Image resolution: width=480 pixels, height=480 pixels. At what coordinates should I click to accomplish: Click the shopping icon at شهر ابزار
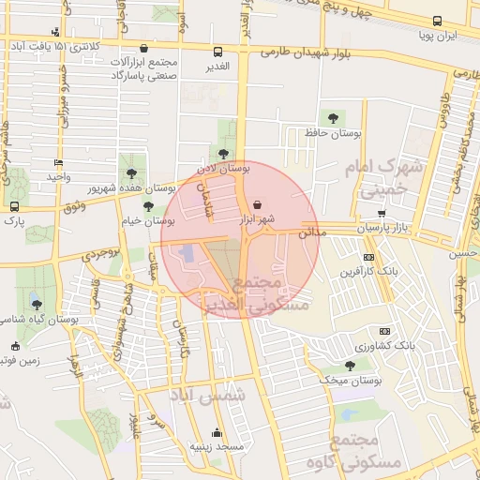coord(258,204)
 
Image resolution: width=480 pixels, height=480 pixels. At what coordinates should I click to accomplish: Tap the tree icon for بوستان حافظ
coord(333,118)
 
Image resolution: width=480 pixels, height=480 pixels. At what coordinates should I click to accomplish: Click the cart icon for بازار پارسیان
coord(381,214)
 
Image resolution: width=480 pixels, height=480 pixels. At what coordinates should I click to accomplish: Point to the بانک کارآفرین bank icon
coord(369,257)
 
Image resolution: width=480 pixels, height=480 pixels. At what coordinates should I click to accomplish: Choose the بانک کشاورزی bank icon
coord(384,331)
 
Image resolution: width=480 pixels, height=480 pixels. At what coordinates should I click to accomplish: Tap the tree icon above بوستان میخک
coord(350,366)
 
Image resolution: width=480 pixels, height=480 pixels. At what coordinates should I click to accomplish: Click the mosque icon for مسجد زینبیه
coord(217,432)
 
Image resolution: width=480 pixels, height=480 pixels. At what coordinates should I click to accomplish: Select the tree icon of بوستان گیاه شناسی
coord(37,304)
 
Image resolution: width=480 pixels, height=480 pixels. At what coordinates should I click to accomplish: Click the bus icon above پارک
coord(14,206)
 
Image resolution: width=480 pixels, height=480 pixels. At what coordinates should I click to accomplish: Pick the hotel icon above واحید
coord(58,162)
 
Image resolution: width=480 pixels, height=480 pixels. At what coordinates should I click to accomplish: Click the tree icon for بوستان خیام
coord(148,206)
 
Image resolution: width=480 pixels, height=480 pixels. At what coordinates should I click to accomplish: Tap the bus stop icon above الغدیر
coord(218,52)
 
